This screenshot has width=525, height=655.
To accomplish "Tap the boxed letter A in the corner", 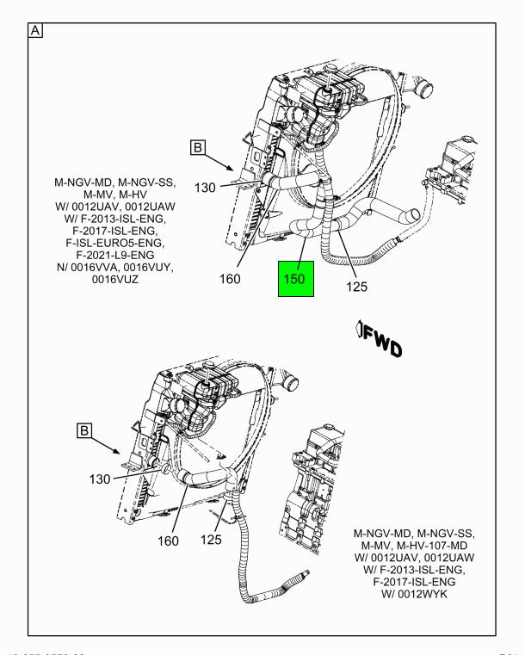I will pyautogui.click(x=36, y=31).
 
